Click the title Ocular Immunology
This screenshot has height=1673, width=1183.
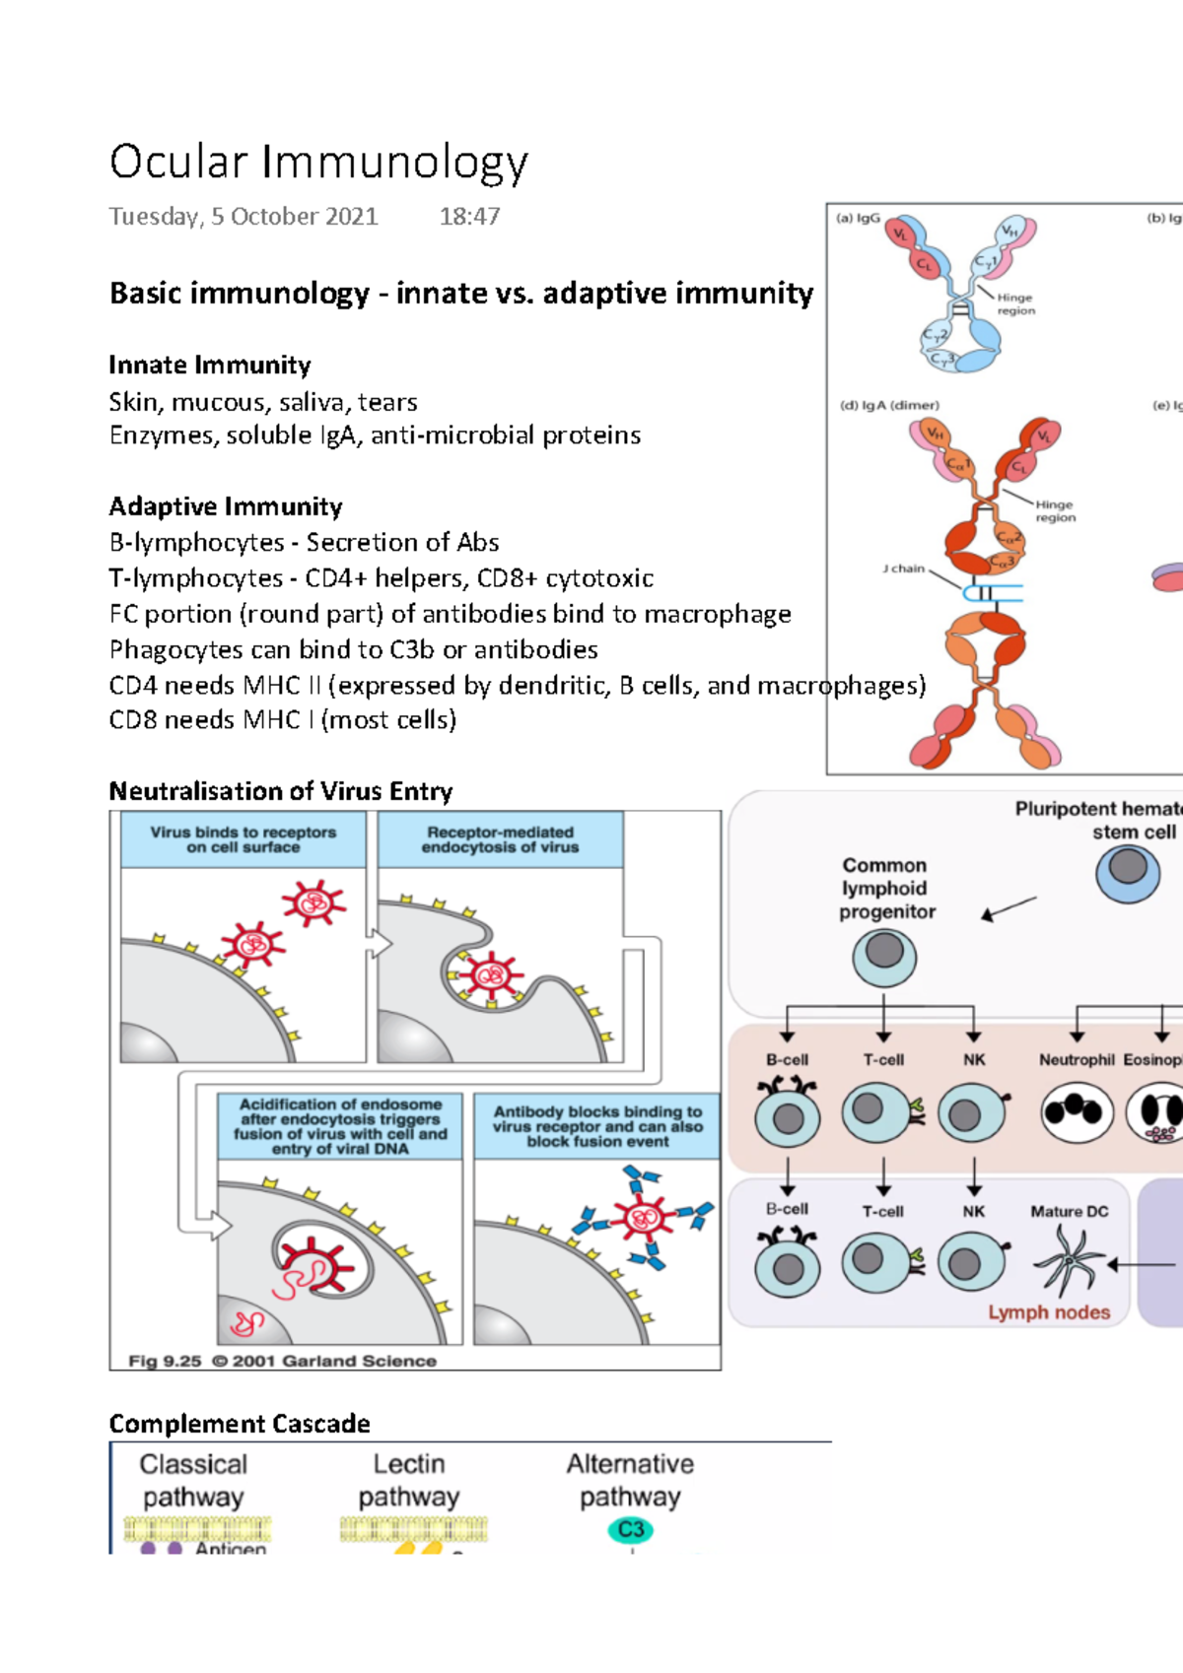tap(318, 163)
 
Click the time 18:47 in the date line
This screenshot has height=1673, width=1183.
tap(469, 217)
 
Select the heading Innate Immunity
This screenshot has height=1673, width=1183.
tap(210, 366)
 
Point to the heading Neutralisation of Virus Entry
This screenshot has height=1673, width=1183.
tap(281, 791)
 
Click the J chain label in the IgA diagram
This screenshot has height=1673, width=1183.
tap(903, 569)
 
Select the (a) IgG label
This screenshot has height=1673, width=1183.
tap(858, 218)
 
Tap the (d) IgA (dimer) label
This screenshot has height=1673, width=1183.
tap(889, 405)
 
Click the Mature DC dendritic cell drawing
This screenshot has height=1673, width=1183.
tap(1070, 1262)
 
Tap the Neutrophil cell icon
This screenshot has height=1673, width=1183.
tap(1077, 1112)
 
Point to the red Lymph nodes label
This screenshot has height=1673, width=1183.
tap(1049, 1312)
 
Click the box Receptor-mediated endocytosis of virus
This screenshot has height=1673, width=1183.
tap(500, 839)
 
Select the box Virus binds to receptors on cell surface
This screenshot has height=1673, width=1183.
tap(243, 839)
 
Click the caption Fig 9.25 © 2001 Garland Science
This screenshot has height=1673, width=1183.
tap(282, 1361)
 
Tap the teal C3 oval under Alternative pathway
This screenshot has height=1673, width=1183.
tap(631, 1529)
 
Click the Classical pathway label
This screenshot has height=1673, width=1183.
tap(193, 1480)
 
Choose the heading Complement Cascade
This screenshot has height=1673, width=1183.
tap(240, 1424)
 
